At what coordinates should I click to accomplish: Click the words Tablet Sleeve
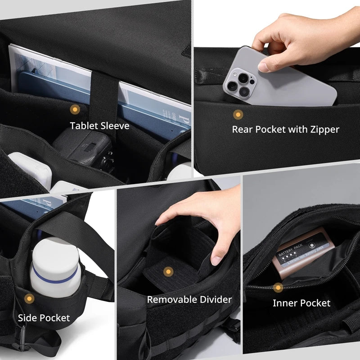point(99,126)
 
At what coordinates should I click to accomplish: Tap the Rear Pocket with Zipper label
point(285,130)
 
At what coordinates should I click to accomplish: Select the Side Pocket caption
point(44,318)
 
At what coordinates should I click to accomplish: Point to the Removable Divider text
point(189,299)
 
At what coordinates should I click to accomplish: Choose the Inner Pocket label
point(301,303)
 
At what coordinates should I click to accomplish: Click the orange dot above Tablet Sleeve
point(74,109)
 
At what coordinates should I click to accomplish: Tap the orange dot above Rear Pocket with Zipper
point(238,114)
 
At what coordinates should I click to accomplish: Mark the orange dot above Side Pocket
point(29,298)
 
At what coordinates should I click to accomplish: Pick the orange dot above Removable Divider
point(168,271)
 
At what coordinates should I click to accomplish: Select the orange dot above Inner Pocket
point(279,287)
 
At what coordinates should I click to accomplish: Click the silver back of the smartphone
point(292,88)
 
